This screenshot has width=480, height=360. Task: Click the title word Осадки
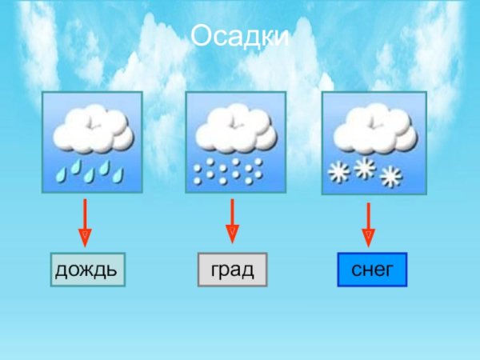coord(240,37)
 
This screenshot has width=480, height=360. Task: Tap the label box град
coord(232,270)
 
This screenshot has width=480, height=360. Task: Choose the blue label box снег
coord(372,270)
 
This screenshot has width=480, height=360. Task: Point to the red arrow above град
coord(232,220)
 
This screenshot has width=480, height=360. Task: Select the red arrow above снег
coord(368,224)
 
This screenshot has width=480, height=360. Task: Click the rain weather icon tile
coord(92,142)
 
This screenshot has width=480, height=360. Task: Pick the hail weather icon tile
coord(231,142)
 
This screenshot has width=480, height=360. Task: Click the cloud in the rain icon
coord(92,130)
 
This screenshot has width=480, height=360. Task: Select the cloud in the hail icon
coord(231,128)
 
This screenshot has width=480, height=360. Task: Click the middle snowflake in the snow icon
coord(365,167)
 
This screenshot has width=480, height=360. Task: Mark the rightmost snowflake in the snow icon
coord(390,176)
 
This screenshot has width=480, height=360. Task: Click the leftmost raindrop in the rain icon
coord(61,172)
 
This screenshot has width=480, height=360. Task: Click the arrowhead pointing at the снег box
coord(368,238)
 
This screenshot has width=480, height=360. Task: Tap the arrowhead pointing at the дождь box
coord(85,238)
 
